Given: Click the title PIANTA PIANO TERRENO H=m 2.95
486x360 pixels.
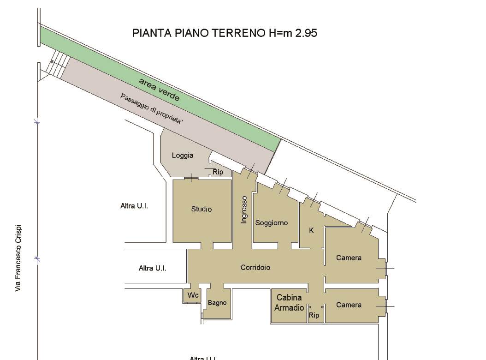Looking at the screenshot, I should pos(225,33).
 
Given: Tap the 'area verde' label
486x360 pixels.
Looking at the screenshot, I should pos(159,89).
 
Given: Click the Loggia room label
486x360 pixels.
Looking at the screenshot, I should pos(183,156).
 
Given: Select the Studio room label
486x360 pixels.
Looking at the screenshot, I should pos(202,209).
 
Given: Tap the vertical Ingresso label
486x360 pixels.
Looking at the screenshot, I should pos(244,210).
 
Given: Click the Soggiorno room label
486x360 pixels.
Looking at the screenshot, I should pos(271,223).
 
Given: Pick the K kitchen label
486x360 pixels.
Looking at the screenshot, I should pos(311,230).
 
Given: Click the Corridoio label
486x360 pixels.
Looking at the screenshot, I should pos(255,267).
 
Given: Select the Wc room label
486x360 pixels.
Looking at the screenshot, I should pos(192,294).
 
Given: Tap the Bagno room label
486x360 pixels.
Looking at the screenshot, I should pos(217,303).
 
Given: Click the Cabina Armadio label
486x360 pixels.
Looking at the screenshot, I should pos(290,303).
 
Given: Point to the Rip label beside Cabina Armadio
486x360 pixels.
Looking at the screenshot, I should pos(314,316).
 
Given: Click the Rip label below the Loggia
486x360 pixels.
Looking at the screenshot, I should pos(218,172).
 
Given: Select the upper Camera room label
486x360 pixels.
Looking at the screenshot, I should pos(349,258).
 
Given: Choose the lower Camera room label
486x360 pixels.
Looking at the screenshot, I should pos(349,305).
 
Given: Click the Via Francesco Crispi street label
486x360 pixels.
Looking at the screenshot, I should pos(18,258).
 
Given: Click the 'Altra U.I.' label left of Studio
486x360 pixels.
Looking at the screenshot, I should pos(134,206).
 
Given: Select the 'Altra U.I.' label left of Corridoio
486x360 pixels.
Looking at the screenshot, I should pos(153,268).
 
